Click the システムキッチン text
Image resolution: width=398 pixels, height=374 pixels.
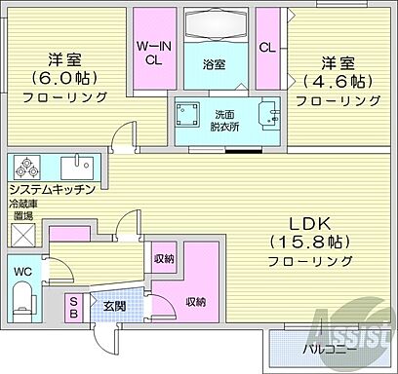pos(52,189)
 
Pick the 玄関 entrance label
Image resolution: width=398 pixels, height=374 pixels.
pos(114,306)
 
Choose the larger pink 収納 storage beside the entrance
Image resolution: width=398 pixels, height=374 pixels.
pos(193,301)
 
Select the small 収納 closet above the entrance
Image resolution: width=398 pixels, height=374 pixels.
pos(164,258)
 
